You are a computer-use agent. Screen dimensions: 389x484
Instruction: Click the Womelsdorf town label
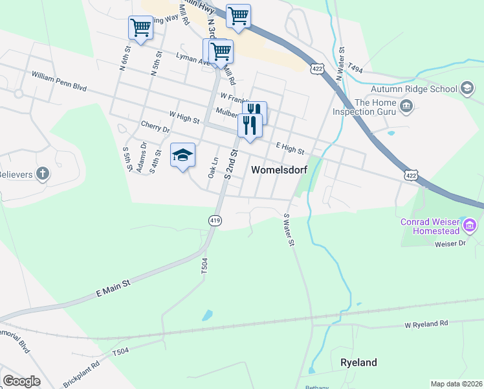click(x=278, y=170)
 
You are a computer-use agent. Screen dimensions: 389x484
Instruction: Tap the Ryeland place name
click(x=358, y=362)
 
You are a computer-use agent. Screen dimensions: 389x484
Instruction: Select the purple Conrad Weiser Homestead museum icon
click(x=470, y=226)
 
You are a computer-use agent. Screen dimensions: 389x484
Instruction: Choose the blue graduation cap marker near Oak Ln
click(x=182, y=155)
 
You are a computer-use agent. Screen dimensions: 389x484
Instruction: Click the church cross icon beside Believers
click(x=43, y=173)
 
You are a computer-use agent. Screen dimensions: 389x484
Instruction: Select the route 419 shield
click(x=215, y=220)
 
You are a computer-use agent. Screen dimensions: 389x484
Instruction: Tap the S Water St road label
click(x=289, y=230)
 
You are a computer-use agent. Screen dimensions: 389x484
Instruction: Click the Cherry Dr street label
click(x=155, y=126)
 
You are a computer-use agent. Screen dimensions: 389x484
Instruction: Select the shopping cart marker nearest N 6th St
click(x=140, y=27)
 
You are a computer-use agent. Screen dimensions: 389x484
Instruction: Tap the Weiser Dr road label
click(x=450, y=243)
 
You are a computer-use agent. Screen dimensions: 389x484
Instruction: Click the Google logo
click(x=21, y=381)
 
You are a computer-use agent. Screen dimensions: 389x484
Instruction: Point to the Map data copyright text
click(x=456, y=384)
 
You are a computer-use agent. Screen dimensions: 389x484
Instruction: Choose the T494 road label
click(x=356, y=67)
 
